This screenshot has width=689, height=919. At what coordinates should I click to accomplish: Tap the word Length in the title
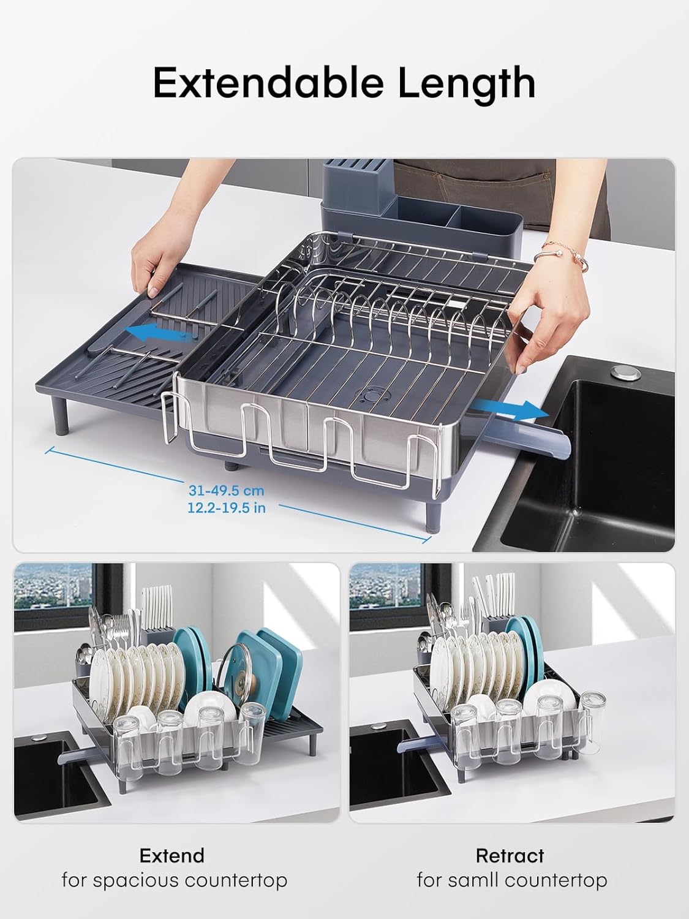(467, 85)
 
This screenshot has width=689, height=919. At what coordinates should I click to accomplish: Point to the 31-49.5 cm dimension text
(226, 490)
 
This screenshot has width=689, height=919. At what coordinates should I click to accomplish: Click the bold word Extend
(171, 855)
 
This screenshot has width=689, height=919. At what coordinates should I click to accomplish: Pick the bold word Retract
(510, 855)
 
